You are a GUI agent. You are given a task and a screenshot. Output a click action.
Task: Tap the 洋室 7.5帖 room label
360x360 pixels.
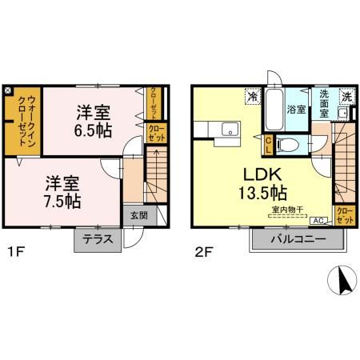click(61, 192)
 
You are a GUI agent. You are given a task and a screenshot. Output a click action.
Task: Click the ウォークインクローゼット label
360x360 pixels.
click(23, 120)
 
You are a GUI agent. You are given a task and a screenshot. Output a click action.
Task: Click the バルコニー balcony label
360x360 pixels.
click(296, 240)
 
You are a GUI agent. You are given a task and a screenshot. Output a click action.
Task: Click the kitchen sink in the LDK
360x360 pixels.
click(229, 130)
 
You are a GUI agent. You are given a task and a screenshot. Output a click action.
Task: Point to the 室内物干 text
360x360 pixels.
click(286, 210)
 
